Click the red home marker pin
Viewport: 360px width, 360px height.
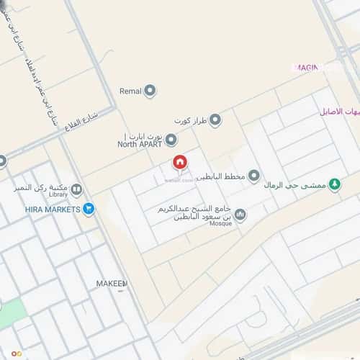click(x=179, y=163)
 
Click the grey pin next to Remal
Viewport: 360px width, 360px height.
click(x=150, y=91)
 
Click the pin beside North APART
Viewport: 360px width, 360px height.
click(x=171, y=140)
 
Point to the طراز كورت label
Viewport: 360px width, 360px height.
click(x=190, y=120)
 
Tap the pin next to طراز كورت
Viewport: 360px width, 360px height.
click(x=215, y=120)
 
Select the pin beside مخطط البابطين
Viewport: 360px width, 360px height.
click(x=253, y=176)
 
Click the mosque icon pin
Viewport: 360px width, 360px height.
click(x=240, y=215)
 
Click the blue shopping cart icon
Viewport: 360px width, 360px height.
click(x=88, y=209)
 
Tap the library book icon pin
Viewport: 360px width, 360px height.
click(x=76, y=189)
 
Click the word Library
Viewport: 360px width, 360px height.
click(x=58, y=194)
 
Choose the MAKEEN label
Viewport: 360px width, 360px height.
click(x=111, y=284)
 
